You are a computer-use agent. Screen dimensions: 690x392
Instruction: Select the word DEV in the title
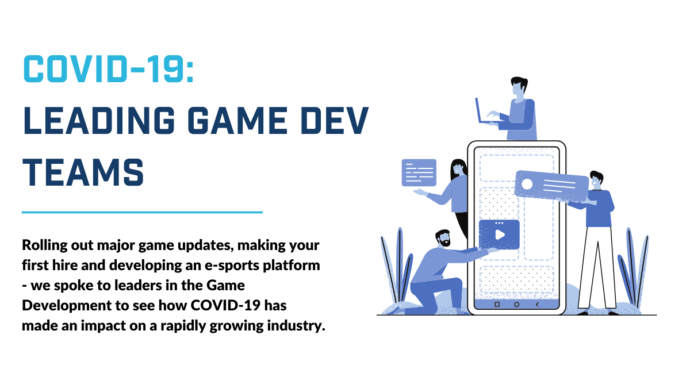tap(335, 120)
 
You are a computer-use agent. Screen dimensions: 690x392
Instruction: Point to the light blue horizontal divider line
tap(142, 212)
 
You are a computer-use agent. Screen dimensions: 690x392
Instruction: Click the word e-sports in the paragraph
tap(232, 266)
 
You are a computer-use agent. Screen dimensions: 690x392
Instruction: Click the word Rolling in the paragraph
tap(45, 245)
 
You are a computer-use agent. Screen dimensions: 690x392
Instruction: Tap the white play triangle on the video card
tap(500, 235)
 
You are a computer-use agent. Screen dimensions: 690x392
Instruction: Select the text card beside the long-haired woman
tap(419, 172)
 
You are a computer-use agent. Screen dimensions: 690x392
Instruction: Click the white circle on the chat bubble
tap(527, 184)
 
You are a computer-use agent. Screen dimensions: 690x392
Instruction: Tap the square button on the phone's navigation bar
tap(497, 305)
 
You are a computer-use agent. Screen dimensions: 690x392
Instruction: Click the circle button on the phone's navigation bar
tap(516, 305)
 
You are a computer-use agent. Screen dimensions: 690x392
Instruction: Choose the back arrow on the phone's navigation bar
tap(537, 305)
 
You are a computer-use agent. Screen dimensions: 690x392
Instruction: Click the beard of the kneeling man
tap(445, 243)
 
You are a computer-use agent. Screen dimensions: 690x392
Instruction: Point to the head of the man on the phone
tap(519, 86)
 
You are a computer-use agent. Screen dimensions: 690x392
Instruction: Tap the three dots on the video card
tap(499, 223)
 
